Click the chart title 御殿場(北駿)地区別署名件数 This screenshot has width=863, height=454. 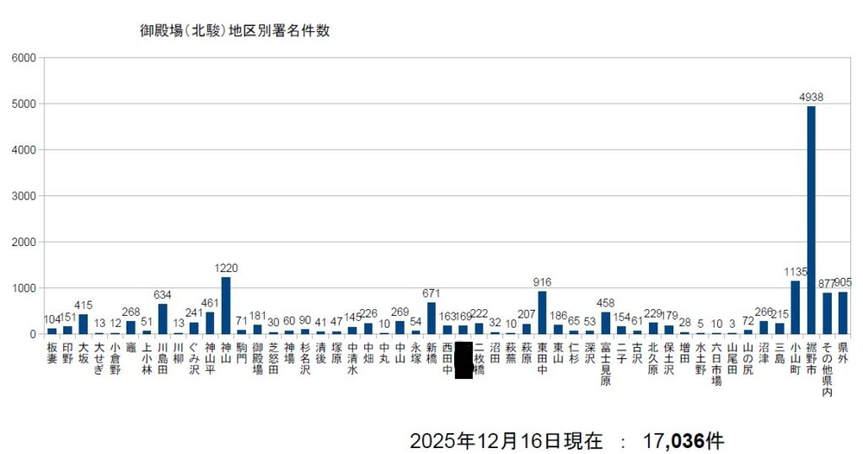pyautogui.click(x=234, y=31)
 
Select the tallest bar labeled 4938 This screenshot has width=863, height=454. pyautogui.click(x=811, y=219)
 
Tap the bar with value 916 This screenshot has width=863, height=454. pyautogui.click(x=542, y=312)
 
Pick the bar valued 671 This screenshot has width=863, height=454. pyautogui.click(x=431, y=318)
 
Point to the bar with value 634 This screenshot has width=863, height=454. pyautogui.click(x=163, y=319)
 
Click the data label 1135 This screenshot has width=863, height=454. pyautogui.click(x=795, y=273)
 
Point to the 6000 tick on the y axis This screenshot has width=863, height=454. pyautogui.click(x=24, y=58)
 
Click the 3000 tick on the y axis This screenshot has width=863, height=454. pyautogui.click(x=24, y=196)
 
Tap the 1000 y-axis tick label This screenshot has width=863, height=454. pyautogui.click(x=24, y=288)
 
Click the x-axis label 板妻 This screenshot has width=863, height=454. pyautogui.click(x=52, y=352)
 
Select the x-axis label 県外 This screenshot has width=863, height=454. pyautogui.click(x=843, y=352)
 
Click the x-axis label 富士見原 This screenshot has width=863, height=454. pyautogui.click(x=605, y=364)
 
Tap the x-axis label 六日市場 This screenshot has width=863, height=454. pyautogui.click(x=716, y=364)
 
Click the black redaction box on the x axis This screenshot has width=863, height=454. pyautogui.click(x=463, y=361)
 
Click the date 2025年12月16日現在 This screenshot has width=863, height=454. pyautogui.click(x=506, y=440)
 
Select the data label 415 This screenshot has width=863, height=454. pyautogui.click(x=83, y=305)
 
